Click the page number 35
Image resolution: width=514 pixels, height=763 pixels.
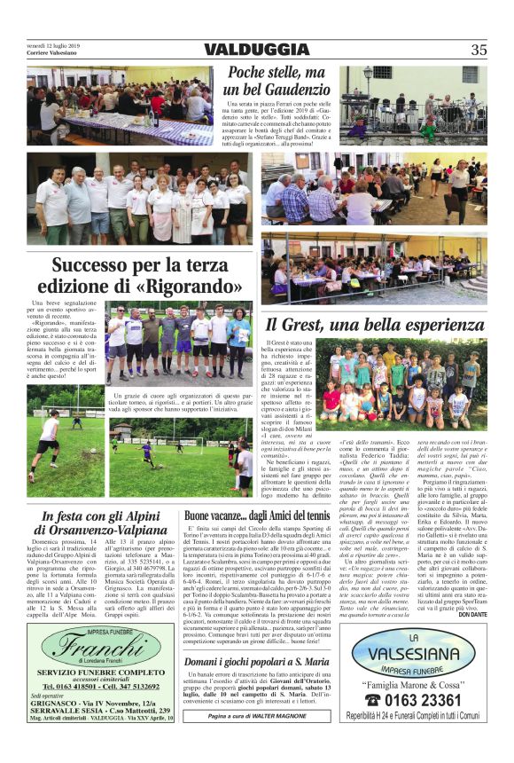tap(478, 50)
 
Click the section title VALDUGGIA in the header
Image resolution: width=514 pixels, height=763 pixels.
tap(255, 50)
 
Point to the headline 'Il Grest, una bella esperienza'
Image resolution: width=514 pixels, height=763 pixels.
tap(376, 325)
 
